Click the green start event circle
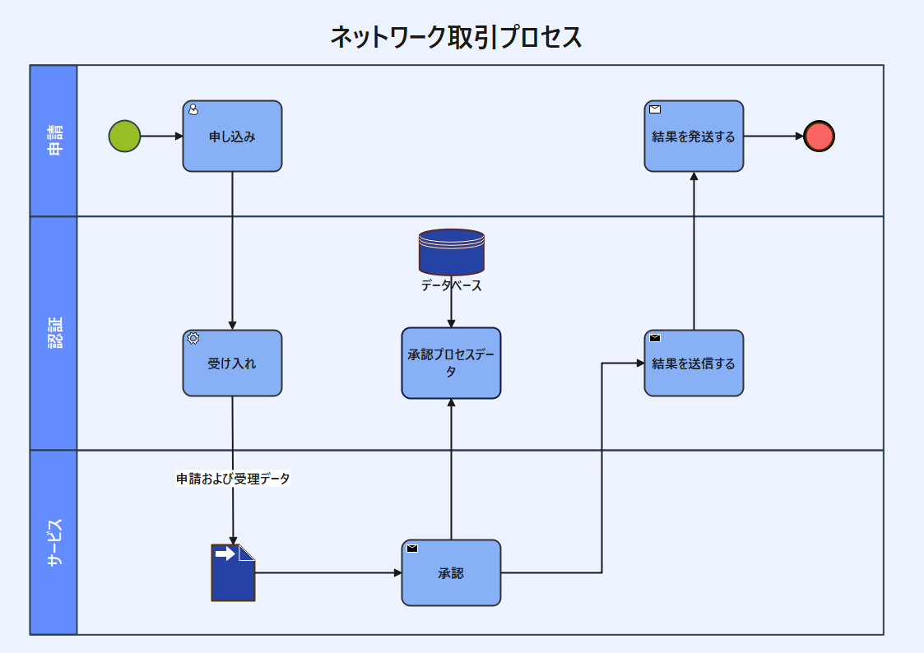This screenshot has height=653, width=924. coord(124,136)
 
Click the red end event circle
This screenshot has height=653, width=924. coord(819,136)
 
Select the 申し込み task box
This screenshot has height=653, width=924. coord(232,137)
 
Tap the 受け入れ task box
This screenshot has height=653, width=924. coord(232,363)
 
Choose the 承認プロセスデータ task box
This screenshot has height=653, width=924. coord(451,363)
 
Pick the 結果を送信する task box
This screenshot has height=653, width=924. coord(694,363)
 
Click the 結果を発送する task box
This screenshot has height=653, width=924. coord(694,137)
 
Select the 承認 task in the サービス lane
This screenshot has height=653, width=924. coord(451,572)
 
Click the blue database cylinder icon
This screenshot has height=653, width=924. coord(451,252)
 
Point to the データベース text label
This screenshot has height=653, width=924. coord(451,286)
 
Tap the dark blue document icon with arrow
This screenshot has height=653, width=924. coord(233,572)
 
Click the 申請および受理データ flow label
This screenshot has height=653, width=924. coord(233,479)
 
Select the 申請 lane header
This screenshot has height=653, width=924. coord(53,141)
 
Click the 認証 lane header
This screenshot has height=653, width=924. coord(53,333)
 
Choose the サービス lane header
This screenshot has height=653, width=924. coord(53,542)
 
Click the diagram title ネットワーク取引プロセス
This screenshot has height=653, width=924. coord(456,37)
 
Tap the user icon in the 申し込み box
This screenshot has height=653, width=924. coord(193,109)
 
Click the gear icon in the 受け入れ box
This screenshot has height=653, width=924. coord(193,338)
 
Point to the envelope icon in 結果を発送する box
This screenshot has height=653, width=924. coord(655,109)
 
